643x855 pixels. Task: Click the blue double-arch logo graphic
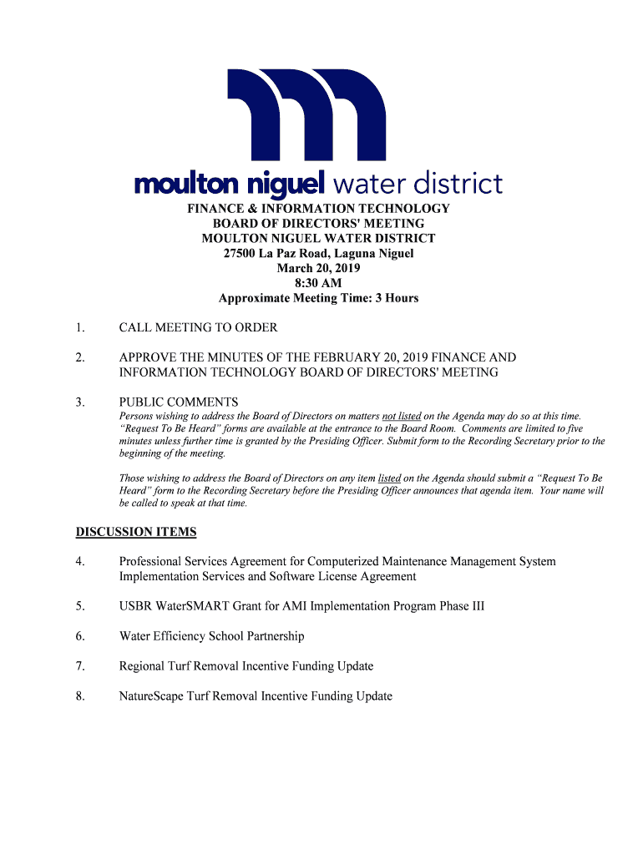point(306,117)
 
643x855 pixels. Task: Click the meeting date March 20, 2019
point(318,268)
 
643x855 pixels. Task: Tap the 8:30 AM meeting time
point(318,283)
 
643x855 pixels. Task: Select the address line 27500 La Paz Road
point(318,253)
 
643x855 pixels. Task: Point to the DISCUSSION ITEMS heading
point(136,532)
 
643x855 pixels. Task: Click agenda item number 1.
point(79,327)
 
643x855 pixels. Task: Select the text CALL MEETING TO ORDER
point(198,327)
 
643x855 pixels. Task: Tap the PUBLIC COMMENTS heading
point(179,402)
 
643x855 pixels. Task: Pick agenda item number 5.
point(79,606)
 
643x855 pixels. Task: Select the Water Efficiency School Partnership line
point(211,636)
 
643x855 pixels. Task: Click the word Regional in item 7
point(142,666)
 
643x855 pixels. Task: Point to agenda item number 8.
point(79,696)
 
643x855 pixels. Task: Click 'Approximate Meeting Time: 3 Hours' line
point(318,298)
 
